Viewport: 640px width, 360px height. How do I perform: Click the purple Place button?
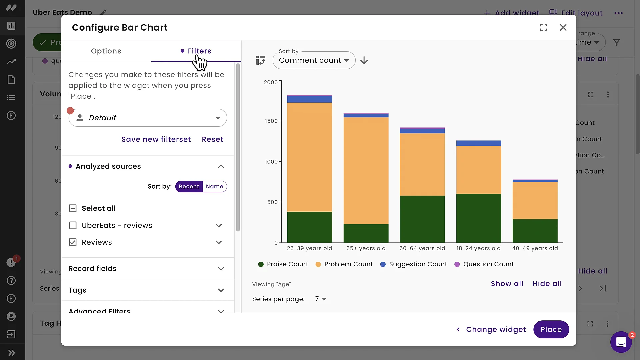pos(551,329)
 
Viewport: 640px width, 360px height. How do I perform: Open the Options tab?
pos(106,51)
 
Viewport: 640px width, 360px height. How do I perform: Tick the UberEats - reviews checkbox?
pos(73,225)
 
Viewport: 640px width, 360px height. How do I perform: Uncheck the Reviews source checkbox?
pos(73,242)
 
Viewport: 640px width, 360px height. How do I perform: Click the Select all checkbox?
pos(73,208)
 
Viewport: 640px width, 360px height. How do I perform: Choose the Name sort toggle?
pos(214,186)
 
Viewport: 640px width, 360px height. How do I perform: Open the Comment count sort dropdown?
pos(314,60)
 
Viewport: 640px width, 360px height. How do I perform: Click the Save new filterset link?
pos(156,139)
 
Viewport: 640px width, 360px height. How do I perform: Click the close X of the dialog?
pos(563,27)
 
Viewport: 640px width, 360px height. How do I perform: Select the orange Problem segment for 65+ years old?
pos(366,170)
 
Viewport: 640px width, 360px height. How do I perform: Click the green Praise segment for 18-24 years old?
pos(478,218)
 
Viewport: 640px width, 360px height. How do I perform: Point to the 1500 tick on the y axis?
pos(271,121)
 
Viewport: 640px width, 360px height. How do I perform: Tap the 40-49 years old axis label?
pos(535,248)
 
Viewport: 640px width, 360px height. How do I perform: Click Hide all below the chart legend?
pos(547,284)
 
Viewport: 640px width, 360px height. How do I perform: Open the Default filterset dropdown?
pos(148,118)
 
